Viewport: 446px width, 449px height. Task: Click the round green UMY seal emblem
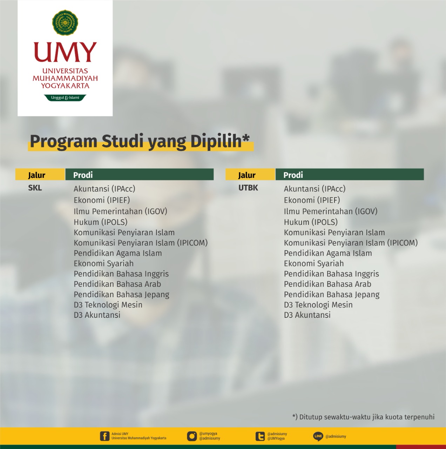pos(65,22)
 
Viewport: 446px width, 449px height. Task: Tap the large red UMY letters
pos(65,52)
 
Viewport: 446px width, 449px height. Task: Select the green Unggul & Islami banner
pos(65,98)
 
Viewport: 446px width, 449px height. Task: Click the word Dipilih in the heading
pos(216,142)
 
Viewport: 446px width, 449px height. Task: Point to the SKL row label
pos(35,188)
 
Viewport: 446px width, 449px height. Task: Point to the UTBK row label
pos(248,188)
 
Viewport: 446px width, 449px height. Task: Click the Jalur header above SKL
pos(37,175)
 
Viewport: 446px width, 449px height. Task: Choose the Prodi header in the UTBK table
pos(293,175)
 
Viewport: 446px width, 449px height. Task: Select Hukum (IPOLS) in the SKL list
pos(101,222)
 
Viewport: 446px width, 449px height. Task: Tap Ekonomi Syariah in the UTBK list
pos(314,263)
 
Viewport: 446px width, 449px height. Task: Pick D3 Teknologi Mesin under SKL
pos(108,305)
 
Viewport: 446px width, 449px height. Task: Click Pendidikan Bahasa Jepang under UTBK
pos(332,295)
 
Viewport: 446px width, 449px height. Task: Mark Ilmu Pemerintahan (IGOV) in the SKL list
pos(121,211)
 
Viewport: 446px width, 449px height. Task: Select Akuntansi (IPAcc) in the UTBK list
pos(315,189)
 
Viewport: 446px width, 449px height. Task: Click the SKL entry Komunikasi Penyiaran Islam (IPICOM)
pos(141,243)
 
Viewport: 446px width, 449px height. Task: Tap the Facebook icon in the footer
pos(104,436)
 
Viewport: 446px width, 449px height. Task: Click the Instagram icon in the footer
pos(192,436)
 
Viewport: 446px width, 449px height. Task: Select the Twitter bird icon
pos(260,436)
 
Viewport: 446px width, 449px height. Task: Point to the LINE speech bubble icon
pos(318,436)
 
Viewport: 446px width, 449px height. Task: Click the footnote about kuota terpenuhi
pos(364,417)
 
